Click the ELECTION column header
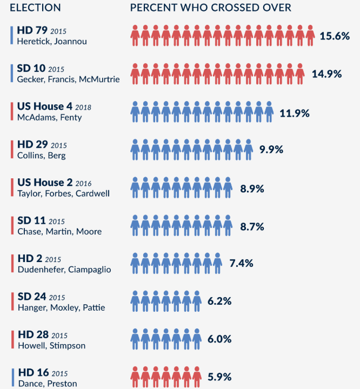click(35, 8)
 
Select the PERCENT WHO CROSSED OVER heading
click(210, 8)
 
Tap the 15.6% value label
click(334, 36)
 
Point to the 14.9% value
click(327, 73)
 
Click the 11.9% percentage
click(295, 113)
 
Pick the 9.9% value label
click(271, 150)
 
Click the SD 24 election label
click(32, 297)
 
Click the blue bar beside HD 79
click(12, 35)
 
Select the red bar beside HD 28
click(12, 339)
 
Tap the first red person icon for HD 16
click(135, 376)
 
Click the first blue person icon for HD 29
click(135, 150)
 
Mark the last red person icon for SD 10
click(299, 73)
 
